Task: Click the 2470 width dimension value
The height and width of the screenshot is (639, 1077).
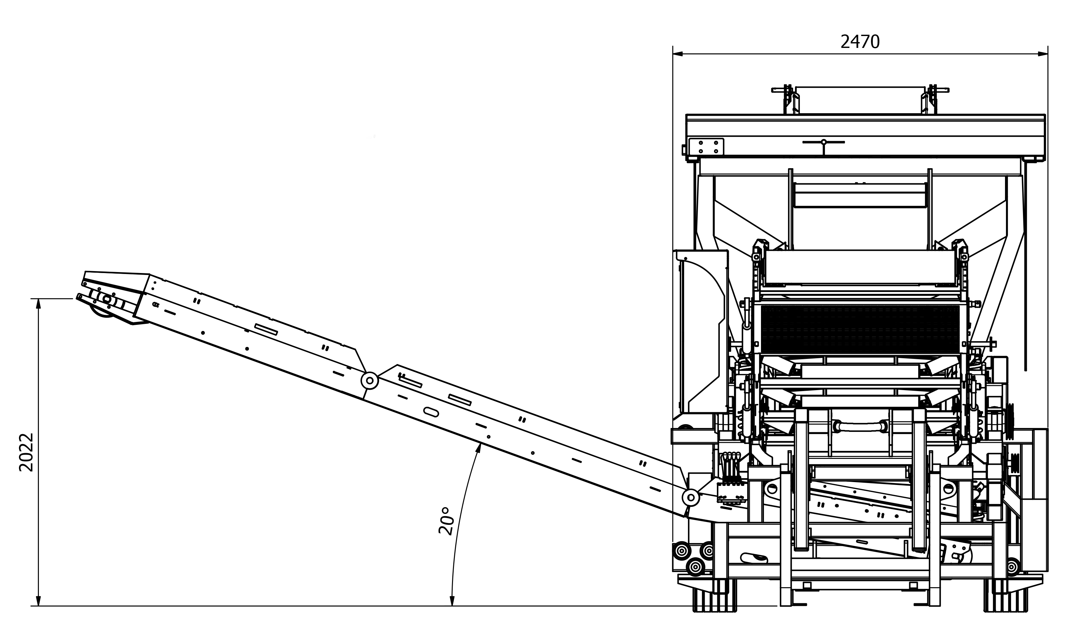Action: coord(860,42)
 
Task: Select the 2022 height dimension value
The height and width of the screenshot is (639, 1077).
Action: coord(27,452)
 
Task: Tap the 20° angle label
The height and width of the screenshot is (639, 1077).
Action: coord(446,521)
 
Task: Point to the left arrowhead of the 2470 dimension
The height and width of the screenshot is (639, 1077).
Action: coord(678,54)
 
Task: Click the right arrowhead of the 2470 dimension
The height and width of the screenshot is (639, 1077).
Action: coord(1043,54)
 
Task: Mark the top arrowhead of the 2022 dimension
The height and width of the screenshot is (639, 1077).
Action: coord(38,304)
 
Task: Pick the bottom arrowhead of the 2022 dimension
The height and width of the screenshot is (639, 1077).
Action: coord(38,601)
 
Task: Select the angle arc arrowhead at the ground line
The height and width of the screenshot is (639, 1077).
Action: coord(452,601)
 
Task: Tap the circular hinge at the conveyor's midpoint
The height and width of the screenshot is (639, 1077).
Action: coord(369,381)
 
